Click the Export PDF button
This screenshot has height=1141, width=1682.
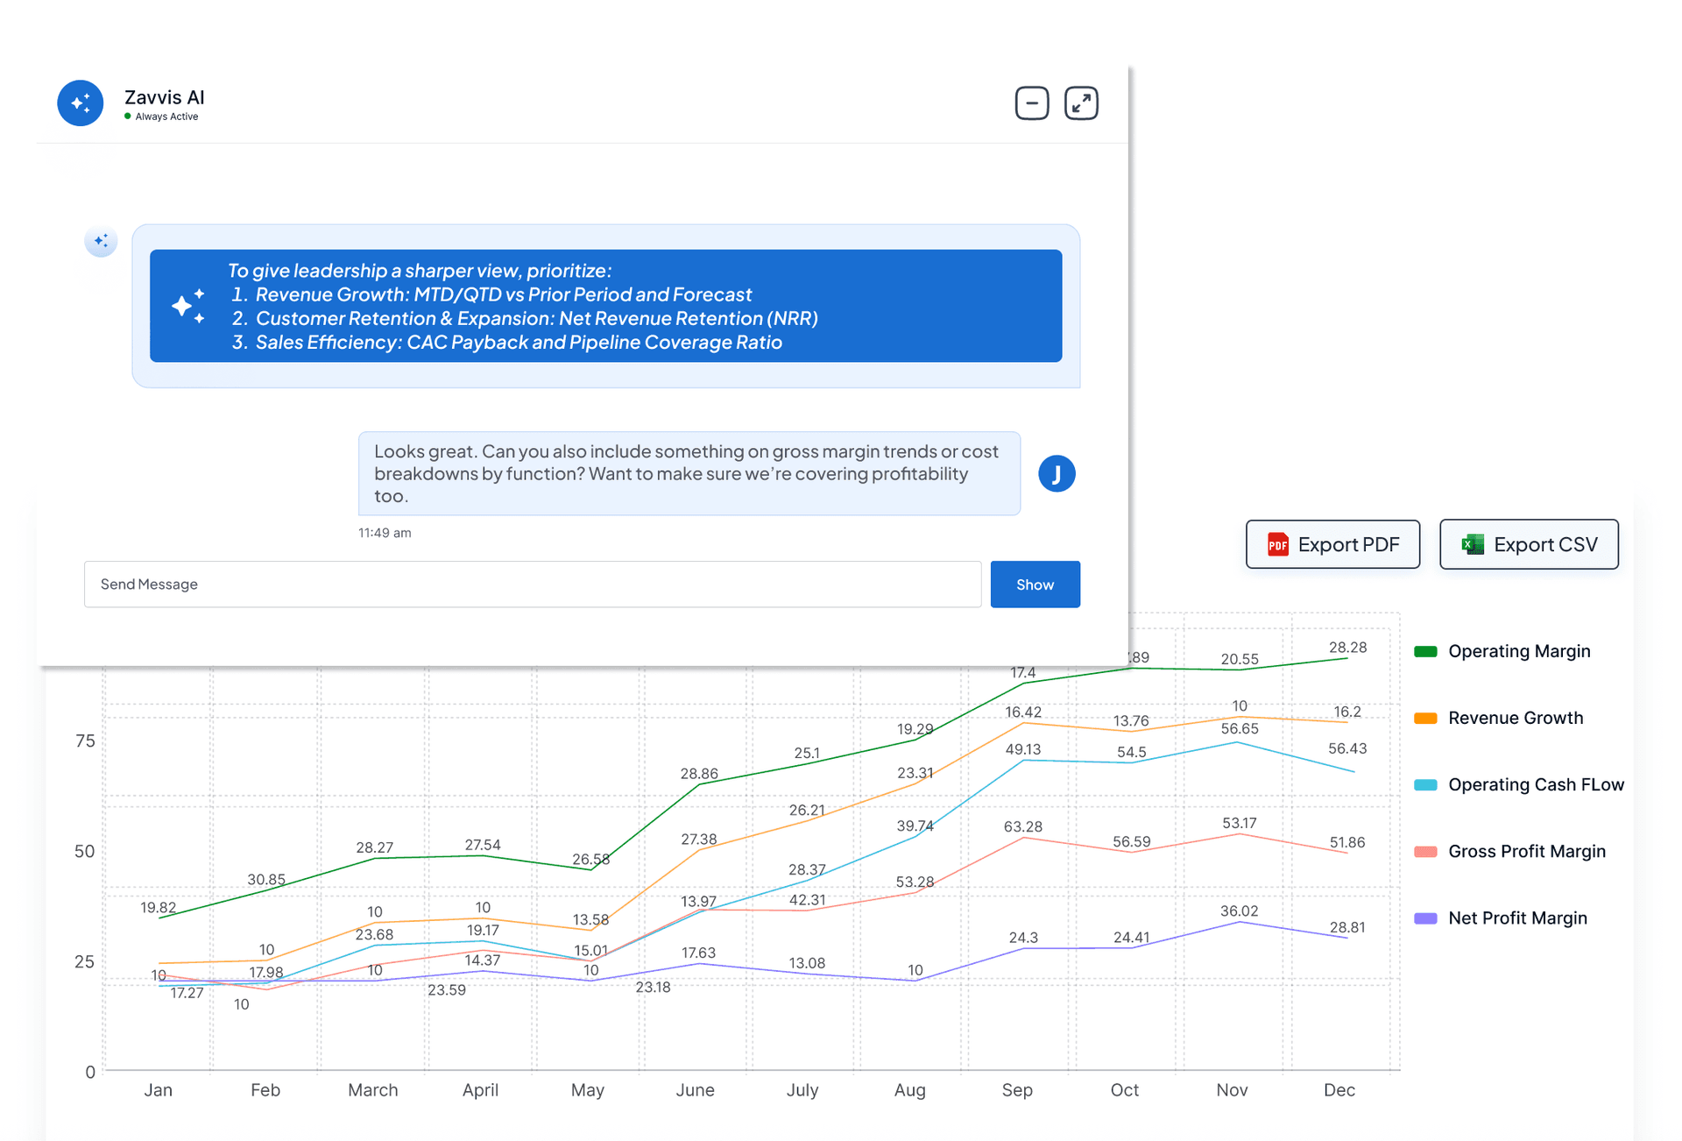click(1332, 544)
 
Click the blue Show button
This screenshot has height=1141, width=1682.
click(1035, 585)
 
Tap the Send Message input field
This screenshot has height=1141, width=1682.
click(532, 585)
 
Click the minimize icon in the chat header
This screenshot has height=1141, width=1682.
click(1032, 103)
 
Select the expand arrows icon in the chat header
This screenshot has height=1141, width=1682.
click(1081, 103)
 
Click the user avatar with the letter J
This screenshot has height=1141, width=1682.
click(1057, 474)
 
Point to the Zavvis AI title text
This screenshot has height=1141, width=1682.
click(165, 97)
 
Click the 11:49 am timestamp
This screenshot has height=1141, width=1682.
click(385, 533)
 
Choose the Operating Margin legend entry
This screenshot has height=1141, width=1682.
click(1518, 651)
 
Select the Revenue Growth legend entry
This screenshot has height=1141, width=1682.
click(1515, 718)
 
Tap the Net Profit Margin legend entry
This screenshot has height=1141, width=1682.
click(1516, 918)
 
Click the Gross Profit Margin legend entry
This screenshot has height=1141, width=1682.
click(1526, 851)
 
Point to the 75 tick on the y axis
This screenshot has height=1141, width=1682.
click(85, 741)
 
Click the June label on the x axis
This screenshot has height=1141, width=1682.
click(695, 1090)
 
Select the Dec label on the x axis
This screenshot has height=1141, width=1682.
click(1339, 1090)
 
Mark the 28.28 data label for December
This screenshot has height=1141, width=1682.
click(1347, 648)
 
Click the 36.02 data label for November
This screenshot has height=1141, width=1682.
click(1239, 911)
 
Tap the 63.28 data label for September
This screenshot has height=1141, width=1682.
click(1023, 826)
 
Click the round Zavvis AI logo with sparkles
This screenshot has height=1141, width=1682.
click(81, 103)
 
